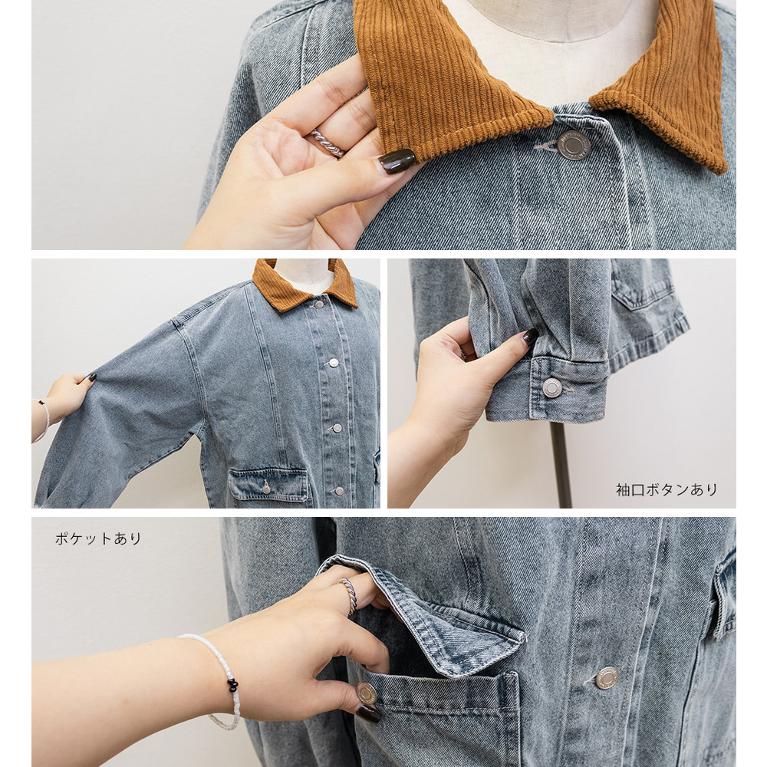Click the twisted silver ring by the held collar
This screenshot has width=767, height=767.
[x=326, y=142]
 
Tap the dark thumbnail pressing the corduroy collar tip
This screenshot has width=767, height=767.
[x=397, y=161]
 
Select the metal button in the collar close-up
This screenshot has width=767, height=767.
[x=573, y=145]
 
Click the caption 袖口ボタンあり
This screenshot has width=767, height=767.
[x=667, y=489]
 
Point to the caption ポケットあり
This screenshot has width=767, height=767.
[x=98, y=538]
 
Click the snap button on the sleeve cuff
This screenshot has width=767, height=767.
[x=552, y=387]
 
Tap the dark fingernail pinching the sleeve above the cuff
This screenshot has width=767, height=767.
[x=530, y=337]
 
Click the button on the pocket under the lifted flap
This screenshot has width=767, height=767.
[x=366, y=693]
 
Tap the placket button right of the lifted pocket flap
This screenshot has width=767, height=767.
[x=607, y=677]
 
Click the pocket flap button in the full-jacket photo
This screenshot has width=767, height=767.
[x=265, y=487]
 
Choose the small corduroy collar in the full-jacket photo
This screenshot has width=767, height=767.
[x=304, y=285]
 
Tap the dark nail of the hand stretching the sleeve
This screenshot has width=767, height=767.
[x=91, y=377]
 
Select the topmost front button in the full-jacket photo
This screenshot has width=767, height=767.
[x=319, y=304]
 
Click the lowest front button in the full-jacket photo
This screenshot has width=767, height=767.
[x=339, y=491]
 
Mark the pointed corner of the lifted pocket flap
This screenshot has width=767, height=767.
[x=523, y=638]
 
